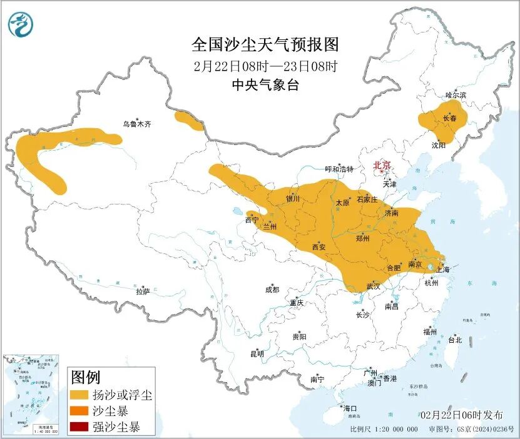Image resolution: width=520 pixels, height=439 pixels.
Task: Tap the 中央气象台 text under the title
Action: pos(265,86)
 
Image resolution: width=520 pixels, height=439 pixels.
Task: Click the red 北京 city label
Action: pos(382,165)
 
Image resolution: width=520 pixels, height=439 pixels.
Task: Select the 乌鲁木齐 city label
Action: pos(137,124)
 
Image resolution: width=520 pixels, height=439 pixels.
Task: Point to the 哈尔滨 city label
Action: pos(456,95)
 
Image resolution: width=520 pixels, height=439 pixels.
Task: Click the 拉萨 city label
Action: pos(143,291)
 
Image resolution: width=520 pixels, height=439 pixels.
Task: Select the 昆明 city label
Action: pos(257,354)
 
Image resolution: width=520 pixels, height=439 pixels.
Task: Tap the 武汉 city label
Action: pos(374,286)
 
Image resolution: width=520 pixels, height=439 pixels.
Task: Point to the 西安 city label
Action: pos(319,247)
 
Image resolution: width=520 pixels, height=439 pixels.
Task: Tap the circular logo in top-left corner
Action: pos(21,24)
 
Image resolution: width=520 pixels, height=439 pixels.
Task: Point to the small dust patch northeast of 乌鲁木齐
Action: pos(189,121)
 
